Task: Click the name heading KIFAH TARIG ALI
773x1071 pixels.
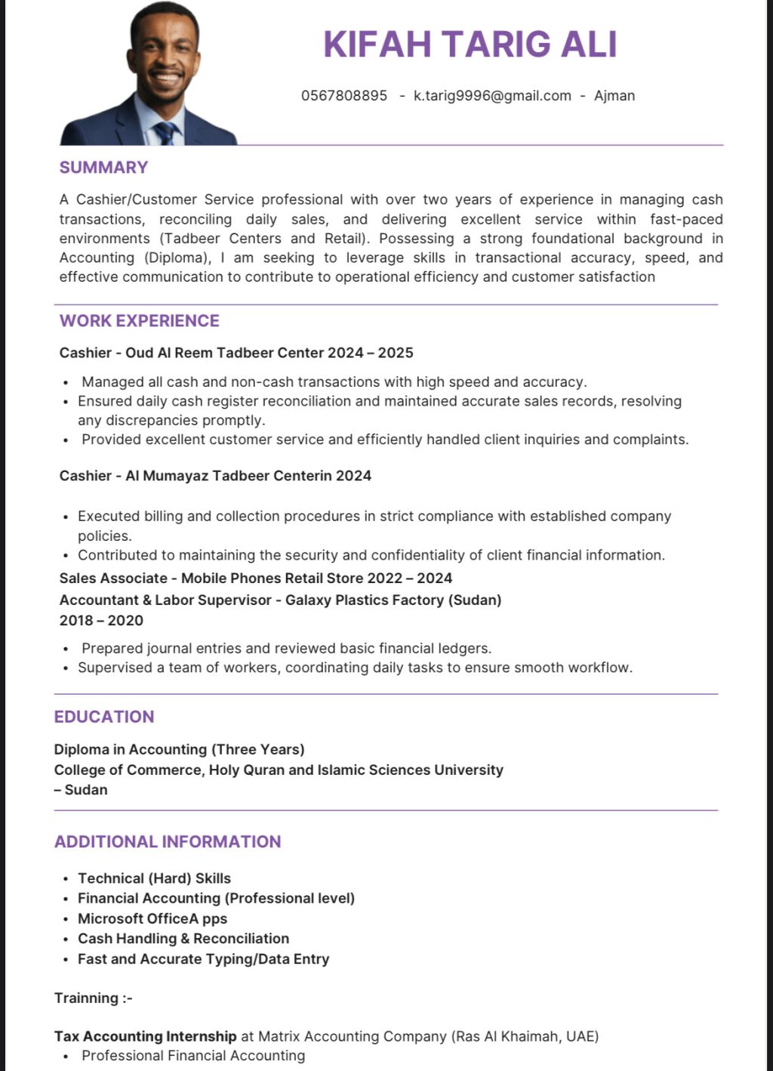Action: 470,44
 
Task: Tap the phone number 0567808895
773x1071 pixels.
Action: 344,96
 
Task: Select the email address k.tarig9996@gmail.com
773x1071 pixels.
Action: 492,96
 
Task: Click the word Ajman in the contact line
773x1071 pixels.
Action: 614,96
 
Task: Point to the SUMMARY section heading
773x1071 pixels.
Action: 103,167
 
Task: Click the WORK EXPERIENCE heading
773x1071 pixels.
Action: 140,320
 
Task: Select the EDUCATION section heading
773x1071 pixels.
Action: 104,717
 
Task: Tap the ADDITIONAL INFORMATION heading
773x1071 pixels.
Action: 168,841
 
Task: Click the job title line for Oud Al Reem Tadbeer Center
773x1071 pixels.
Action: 236,353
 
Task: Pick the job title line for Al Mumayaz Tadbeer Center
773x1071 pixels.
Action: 215,476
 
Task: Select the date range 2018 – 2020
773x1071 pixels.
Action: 101,621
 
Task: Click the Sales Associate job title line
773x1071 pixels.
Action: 256,579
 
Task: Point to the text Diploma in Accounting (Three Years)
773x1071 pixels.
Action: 179,749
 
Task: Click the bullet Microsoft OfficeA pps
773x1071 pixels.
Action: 152,918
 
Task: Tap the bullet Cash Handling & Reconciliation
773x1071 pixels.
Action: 183,939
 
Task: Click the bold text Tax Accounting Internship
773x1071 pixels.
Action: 146,1036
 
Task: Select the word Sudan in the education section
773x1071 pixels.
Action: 86,790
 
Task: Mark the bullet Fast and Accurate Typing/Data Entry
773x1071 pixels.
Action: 204,959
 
